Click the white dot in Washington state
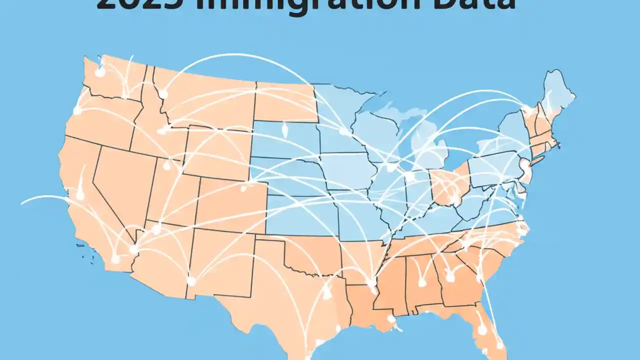tap(100, 72)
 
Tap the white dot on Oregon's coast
tap(77, 110)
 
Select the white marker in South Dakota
tap(285, 132)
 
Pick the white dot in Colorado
tap(243, 188)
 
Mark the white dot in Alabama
tap(422, 283)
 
